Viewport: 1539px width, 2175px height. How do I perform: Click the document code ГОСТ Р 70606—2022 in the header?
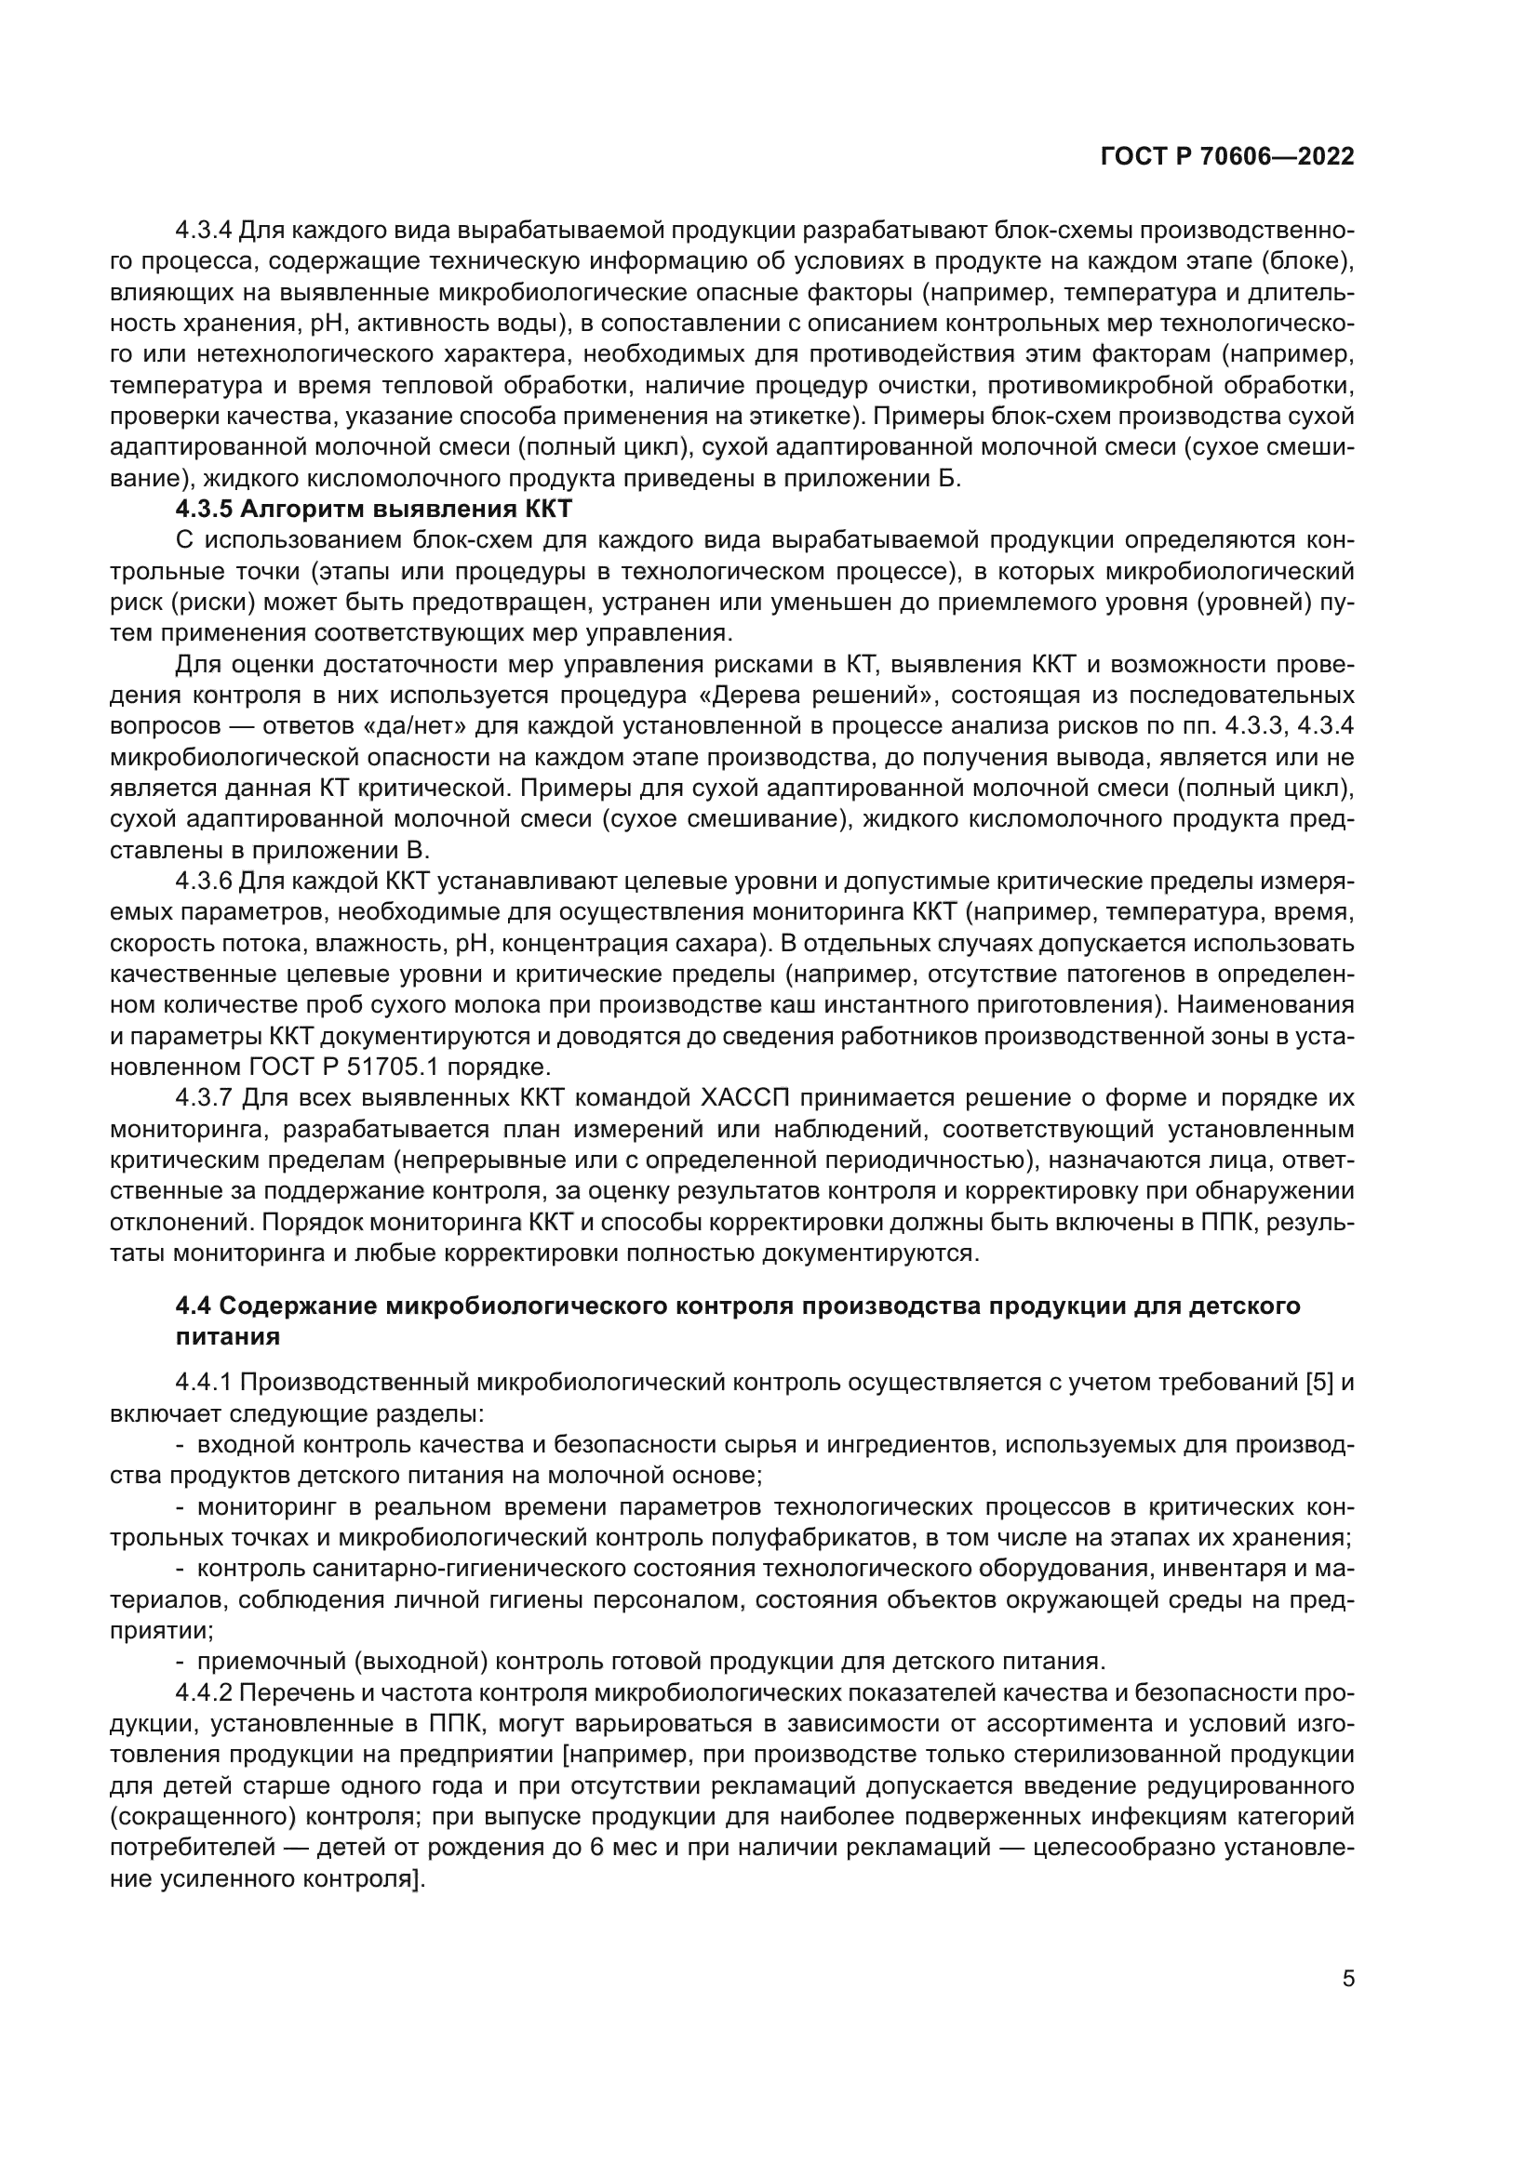(x=1227, y=157)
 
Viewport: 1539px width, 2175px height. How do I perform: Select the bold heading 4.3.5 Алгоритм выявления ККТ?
(x=374, y=510)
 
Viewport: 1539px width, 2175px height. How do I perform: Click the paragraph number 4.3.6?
(x=204, y=882)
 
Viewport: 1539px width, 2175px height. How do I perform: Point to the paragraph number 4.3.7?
(x=205, y=1098)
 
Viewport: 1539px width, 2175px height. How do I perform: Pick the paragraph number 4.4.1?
(x=204, y=1383)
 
